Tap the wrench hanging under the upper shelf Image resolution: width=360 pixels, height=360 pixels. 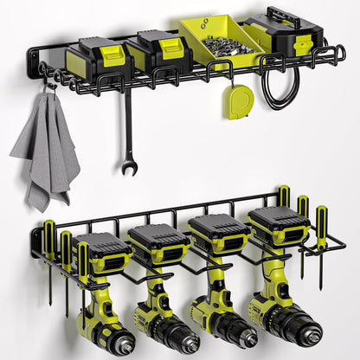click(128, 130)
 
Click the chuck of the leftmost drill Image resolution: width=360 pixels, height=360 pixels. click(117, 341)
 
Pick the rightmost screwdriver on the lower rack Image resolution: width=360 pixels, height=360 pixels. click(321, 238)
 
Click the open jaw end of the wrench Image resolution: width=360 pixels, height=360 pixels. click(129, 166)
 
